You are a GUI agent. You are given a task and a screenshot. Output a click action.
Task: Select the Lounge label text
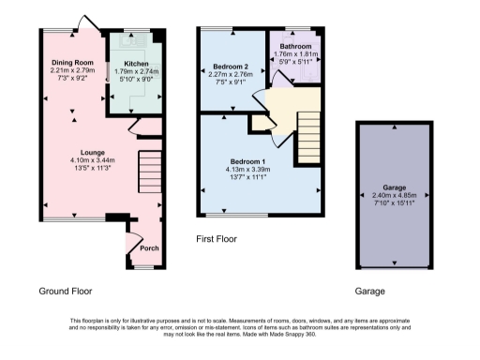tap(91, 151)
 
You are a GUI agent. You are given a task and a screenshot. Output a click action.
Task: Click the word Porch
tap(149, 248)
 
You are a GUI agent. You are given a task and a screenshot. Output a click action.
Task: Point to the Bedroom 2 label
tap(229, 67)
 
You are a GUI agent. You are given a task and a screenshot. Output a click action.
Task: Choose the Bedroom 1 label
tap(248, 161)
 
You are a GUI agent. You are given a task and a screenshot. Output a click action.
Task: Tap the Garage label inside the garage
tap(393, 187)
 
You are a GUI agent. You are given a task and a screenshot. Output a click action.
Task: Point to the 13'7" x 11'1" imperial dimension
tap(248, 178)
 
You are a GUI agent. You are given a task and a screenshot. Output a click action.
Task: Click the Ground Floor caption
tap(66, 292)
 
